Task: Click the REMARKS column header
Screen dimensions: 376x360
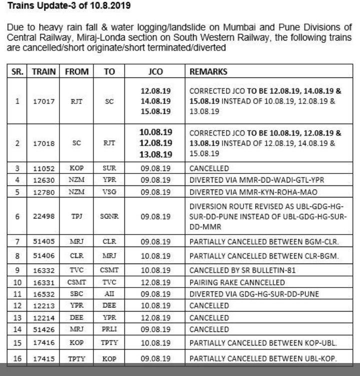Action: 208,71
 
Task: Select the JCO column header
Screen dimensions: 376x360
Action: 155,71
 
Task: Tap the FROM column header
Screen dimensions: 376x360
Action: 76,71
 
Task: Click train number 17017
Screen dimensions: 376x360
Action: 44,101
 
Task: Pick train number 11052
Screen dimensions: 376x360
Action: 44,168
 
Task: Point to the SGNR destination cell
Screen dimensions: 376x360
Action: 109,217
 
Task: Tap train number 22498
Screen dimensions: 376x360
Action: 44,217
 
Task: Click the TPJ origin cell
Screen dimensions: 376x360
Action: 76,217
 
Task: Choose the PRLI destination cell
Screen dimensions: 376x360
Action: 109,329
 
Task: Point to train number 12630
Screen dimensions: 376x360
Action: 44,180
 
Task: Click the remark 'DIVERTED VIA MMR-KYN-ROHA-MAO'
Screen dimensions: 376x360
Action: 253,191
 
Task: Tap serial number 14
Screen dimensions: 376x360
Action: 17,329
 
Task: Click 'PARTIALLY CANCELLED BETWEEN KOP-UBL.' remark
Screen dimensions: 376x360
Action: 263,343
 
